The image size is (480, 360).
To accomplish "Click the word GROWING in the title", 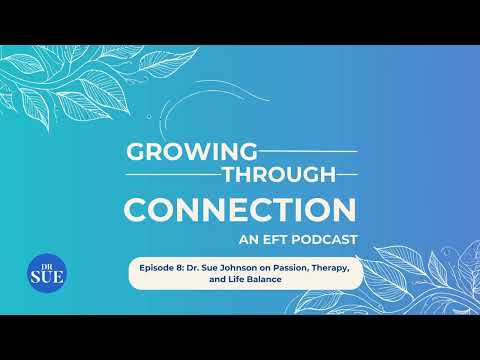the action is coord(192,152).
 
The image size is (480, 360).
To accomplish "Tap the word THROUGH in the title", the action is coord(279,174).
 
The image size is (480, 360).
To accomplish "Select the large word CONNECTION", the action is coord(240,210).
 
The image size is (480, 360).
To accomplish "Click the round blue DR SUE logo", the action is coord(47,273).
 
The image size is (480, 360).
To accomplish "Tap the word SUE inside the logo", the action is coord(47,277).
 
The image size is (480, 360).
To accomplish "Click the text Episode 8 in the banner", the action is coord(161,268).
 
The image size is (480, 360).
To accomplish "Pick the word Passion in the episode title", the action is coord(291,268).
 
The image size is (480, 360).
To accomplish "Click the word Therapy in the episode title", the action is coord(331,268).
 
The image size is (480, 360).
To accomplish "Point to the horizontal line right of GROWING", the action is coord(308,151).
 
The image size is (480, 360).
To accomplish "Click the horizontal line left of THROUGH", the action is coord(174,174).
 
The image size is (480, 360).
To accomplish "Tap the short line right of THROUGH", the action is coord(347,174).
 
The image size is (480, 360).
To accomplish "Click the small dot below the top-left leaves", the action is coord(149,116).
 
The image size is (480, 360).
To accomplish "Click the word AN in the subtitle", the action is coord(249,240).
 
